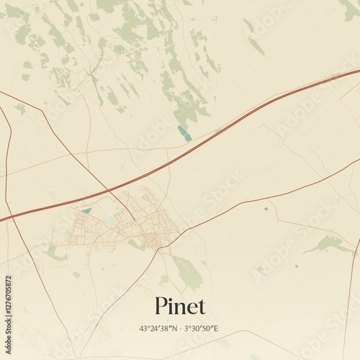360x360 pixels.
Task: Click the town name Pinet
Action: pyautogui.click(x=180, y=306)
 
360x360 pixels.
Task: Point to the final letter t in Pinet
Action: pyautogui.click(x=201, y=307)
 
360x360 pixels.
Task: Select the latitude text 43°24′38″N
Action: pyautogui.click(x=158, y=328)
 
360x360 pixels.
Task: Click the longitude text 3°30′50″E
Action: pyautogui.click(x=202, y=328)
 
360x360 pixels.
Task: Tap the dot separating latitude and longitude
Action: pyautogui.click(x=181, y=328)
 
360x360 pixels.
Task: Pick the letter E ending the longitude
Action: pyautogui.click(x=216, y=328)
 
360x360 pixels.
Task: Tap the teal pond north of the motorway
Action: pyautogui.click(x=184, y=133)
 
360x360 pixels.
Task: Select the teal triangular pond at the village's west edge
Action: pyautogui.click(x=87, y=210)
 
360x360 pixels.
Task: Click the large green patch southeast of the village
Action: pyautogui.click(x=187, y=271)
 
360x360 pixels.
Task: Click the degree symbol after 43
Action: pyautogui.click(x=148, y=326)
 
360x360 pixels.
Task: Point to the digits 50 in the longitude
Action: pyautogui.click(x=205, y=328)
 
